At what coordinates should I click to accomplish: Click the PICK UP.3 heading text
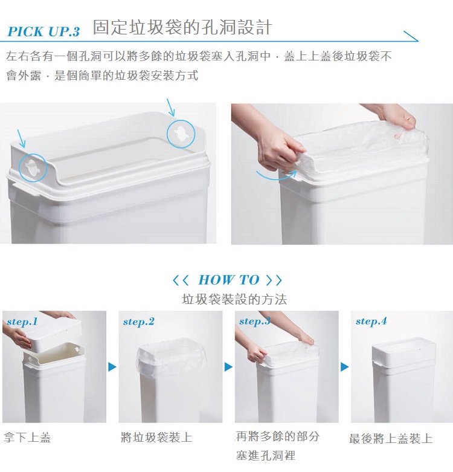point(43,31)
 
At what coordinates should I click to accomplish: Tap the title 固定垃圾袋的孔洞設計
point(182,27)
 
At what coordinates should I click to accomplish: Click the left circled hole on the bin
point(33,167)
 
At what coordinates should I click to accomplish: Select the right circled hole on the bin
point(181,134)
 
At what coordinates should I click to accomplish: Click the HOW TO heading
point(228,280)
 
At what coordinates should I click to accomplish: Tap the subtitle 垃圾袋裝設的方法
point(234,299)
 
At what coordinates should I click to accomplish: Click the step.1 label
point(22,322)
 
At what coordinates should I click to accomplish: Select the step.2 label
point(139,322)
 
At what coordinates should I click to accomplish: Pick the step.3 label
point(255,322)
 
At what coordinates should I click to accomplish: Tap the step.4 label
point(371,322)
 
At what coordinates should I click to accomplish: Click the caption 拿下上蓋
point(27,438)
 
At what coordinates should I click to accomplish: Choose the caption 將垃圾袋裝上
point(156,438)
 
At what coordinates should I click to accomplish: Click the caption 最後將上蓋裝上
point(391,439)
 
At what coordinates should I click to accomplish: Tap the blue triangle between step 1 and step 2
point(112,367)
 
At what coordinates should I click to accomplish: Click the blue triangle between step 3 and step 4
point(345,367)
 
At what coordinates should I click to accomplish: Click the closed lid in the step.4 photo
point(403,349)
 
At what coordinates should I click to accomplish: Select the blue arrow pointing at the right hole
point(171,107)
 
